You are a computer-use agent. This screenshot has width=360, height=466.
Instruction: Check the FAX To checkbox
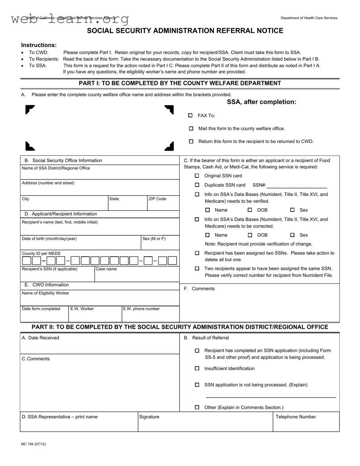(190, 116)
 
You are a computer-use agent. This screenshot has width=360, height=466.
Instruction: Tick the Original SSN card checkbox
(197, 176)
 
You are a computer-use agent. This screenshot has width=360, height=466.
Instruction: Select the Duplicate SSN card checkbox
(197, 185)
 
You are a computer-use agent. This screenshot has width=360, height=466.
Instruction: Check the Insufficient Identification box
(197, 368)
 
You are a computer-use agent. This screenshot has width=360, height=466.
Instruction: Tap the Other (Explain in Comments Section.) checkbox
(197, 407)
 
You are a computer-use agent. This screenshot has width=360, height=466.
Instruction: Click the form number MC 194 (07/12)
(33, 444)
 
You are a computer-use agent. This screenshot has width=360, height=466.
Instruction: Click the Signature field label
(149, 417)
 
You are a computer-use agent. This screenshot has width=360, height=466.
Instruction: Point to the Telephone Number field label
(295, 417)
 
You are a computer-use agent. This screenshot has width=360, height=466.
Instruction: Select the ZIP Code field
(163, 205)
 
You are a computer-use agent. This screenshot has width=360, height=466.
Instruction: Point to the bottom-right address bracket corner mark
(170, 146)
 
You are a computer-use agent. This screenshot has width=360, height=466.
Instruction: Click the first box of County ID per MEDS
(27, 261)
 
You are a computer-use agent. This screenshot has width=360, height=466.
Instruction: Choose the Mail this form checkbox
(191, 129)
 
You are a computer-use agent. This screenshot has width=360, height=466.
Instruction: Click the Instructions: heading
(39, 45)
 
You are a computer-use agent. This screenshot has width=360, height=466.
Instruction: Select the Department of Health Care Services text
(309, 18)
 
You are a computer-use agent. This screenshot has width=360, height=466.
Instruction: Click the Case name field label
(106, 269)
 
